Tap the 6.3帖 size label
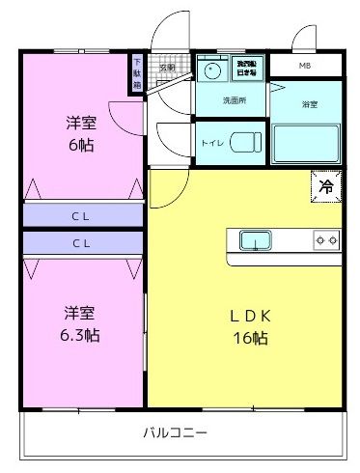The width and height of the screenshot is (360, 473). point(81,335)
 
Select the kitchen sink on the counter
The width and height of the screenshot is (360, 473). point(256,239)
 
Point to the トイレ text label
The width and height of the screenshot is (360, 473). point(211,142)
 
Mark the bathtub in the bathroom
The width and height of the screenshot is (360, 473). point(306,143)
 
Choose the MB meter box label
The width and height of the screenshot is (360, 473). point(305,66)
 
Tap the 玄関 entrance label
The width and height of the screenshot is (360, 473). point(167,68)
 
